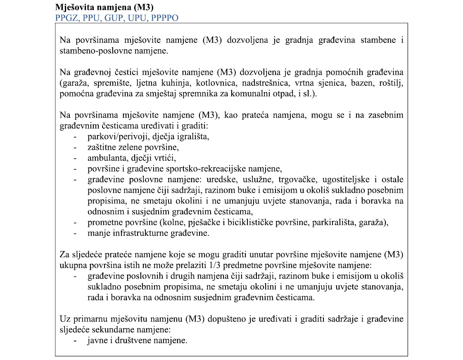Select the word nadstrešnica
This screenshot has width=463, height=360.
(x=264, y=83)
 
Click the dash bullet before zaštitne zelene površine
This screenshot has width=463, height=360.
(x=75, y=147)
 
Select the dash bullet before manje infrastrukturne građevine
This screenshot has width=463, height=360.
(x=75, y=233)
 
